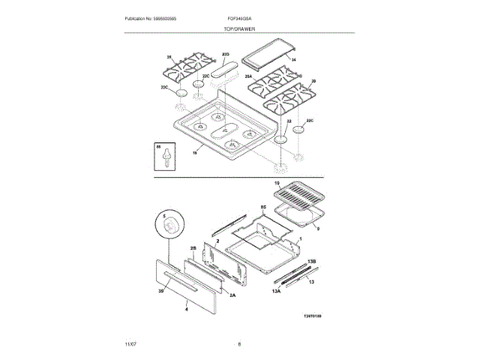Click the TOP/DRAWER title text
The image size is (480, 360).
(x=240, y=28)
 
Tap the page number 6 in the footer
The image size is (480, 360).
(x=239, y=343)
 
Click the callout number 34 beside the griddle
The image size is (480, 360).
(x=294, y=59)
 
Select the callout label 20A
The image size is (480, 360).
(x=248, y=76)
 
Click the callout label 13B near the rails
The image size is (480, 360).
(x=312, y=261)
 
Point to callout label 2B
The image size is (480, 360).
(x=193, y=247)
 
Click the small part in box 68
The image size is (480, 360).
(x=158, y=158)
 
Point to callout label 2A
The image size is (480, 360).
(x=232, y=295)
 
